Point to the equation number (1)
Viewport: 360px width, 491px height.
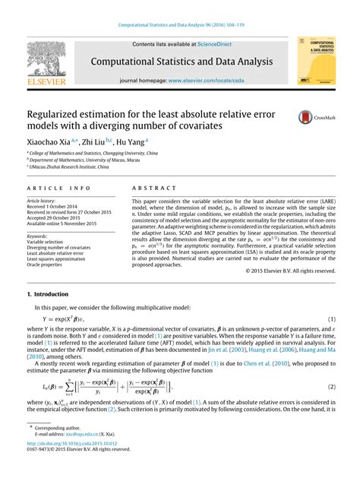tap(331, 298)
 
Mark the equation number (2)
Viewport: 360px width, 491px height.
tap(331, 366)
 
